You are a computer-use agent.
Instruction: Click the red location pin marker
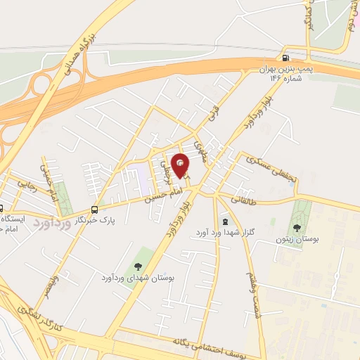pyautogui.click(x=181, y=165)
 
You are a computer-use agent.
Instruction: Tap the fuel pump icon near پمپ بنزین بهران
pyautogui.click(x=285, y=58)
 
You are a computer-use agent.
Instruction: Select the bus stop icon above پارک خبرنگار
pyautogui.click(x=94, y=209)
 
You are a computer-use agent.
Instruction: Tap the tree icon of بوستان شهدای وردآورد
pyautogui.click(x=137, y=266)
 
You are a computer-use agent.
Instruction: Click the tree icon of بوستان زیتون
pyautogui.click(x=296, y=227)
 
